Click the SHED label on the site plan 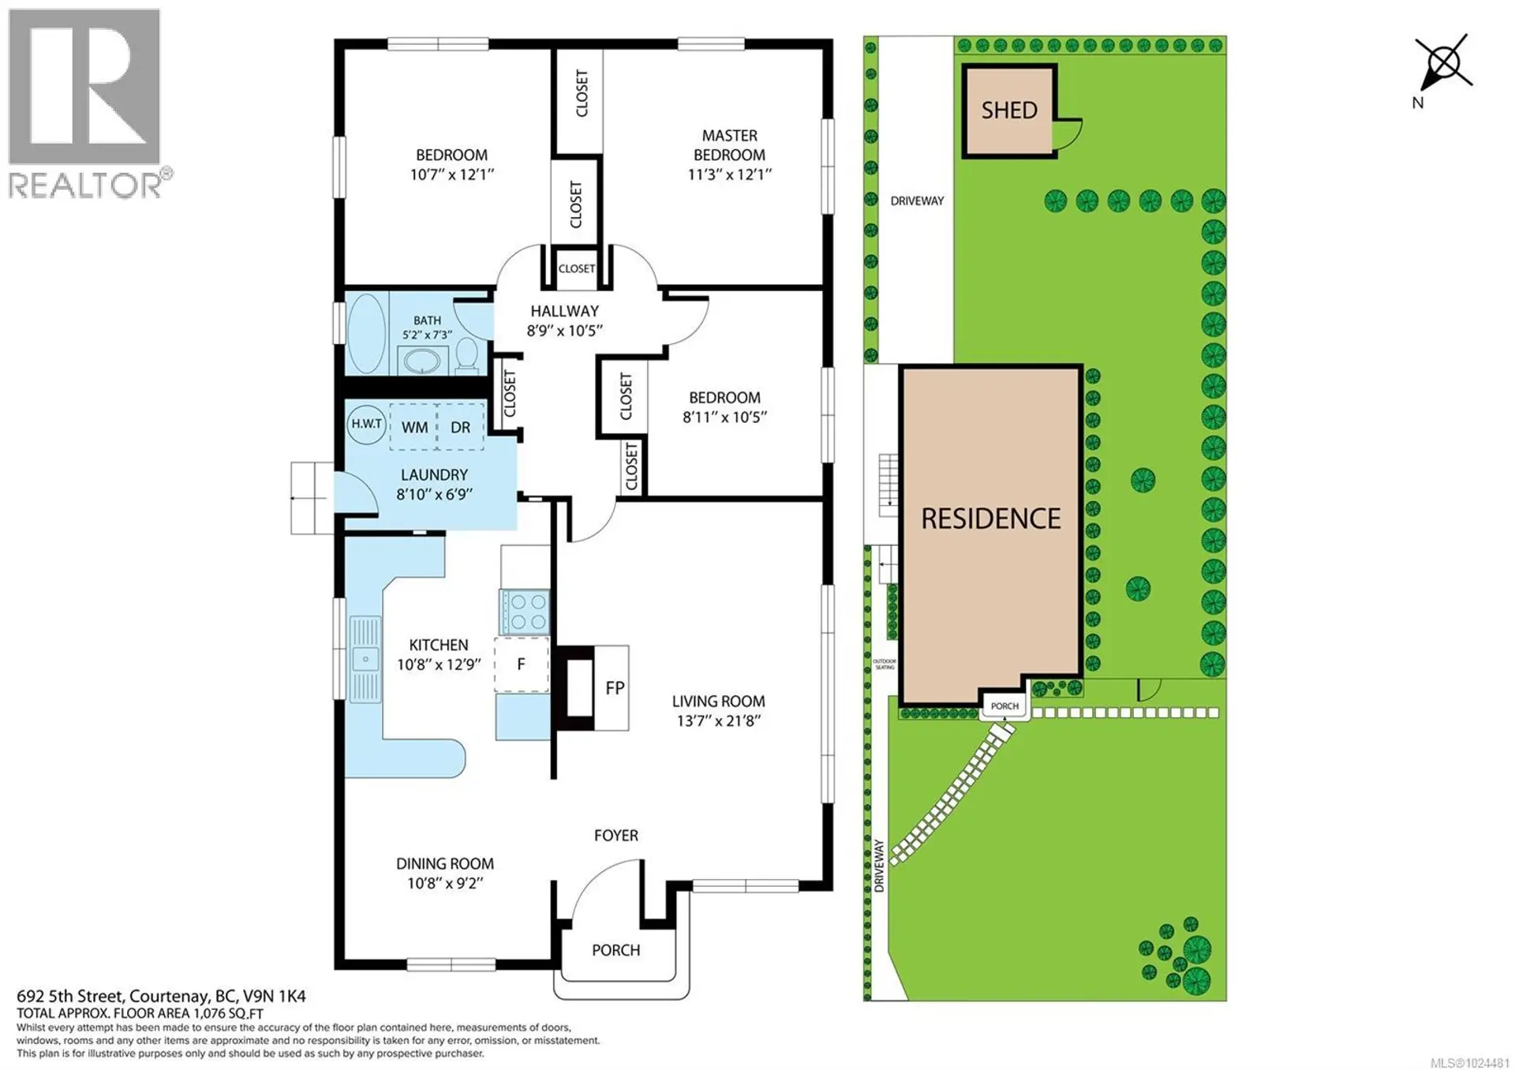coord(1008,110)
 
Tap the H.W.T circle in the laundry coord(366,424)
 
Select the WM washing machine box coord(414,427)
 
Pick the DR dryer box coord(460,427)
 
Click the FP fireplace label coord(615,688)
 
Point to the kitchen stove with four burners coord(525,612)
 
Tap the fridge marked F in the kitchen coord(521,664)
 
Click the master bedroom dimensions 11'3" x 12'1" coord(729,174)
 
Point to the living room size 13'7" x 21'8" coord(718,720)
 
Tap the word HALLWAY coord(564,311)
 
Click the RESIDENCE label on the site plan coord(991,518)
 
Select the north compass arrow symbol coord(1443,63)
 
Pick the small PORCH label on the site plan coord(1004,706)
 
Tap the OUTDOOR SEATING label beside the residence coord(885,664)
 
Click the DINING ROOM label coord(445,864)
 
